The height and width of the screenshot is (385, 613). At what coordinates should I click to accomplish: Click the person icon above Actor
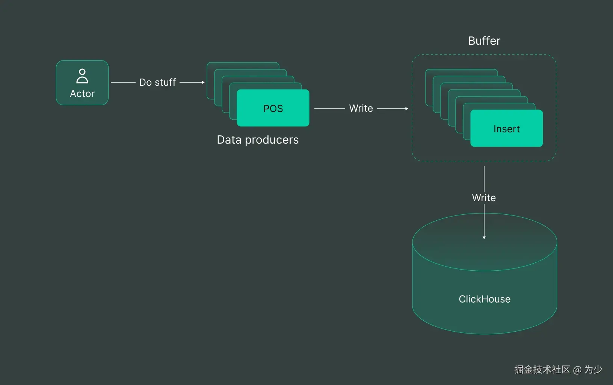(x=82, y=76)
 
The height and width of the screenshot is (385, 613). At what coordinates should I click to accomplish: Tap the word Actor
(x=82, y=94)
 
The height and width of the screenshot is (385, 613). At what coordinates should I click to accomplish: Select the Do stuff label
(x=157, y=82)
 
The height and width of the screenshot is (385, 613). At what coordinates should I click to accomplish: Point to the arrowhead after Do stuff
(x=203, y=82)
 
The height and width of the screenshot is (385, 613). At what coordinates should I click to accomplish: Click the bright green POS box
(x=273, y=108)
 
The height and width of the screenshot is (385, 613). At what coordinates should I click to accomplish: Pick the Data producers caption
(x=258, y=140)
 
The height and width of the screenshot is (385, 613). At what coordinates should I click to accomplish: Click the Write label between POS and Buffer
(x=361, y=108)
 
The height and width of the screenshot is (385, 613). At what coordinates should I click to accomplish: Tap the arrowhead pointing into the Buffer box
(x=407, y=109)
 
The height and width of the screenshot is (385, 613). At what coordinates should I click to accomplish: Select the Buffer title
(x=484, y=41)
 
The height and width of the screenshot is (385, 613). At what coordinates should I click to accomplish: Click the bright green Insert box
(x=506, y=129)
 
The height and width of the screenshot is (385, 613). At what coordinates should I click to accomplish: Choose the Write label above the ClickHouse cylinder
(x=484, y=198)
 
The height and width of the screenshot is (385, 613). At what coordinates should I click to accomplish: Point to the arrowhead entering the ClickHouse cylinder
(x=484, y=238)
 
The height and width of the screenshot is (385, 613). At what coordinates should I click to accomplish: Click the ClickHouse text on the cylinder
(x=485, y=299)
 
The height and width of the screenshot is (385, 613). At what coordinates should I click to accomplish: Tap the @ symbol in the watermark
(x=577, y=370)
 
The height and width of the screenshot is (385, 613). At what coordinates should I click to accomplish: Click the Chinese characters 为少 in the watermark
(x=593, y=370)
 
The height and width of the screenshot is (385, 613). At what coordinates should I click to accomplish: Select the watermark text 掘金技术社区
(x=542, y=370)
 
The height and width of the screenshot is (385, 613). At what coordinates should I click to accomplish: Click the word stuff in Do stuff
(x=165, y=82)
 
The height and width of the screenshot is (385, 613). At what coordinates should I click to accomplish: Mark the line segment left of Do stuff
(x=123, y=82)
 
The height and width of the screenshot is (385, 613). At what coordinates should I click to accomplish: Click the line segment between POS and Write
(x=329, y=109)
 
